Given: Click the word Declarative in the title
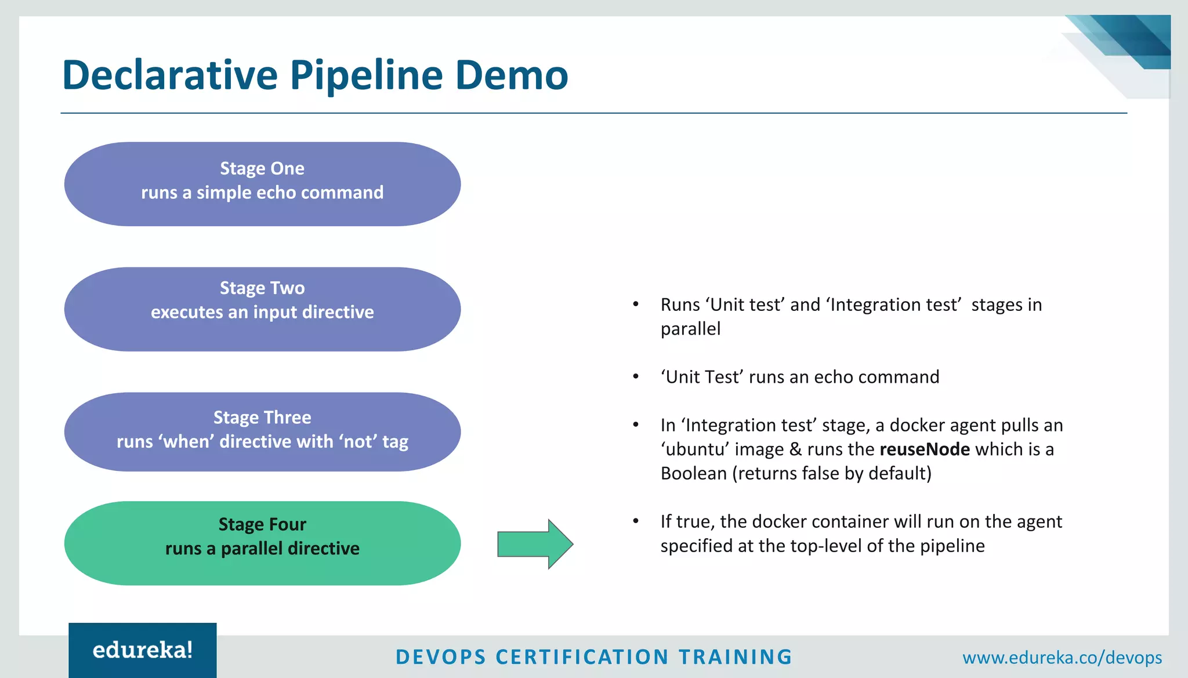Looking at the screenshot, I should [x=170, y=75].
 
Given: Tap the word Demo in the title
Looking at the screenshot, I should [x=511, y=75].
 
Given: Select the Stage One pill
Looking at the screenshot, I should [x=262, y=184].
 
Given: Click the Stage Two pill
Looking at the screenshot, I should [x=262, y=309].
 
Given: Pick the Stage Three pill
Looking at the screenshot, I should [x=262, y=432].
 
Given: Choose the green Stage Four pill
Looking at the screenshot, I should [x=262, y=543].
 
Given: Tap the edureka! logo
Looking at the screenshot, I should [x=143, y=650].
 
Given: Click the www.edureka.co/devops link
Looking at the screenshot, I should [x=1062, y=657].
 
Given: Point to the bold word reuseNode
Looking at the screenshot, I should [x=925, y=449].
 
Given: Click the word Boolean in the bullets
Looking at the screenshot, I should [x=693, y=474].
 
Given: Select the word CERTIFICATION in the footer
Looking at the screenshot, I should [x=582, y=657].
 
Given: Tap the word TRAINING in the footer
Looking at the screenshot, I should [x=735, y=657].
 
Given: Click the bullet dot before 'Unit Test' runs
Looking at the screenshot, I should [x=636, y=377].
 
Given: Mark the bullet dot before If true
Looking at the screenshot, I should [x=636, y=521].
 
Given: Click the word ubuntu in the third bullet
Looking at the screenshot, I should [x=694, y=449].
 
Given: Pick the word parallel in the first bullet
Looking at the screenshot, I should [x=690, y=329].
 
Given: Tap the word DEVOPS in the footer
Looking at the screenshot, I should [x=441, y=657].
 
